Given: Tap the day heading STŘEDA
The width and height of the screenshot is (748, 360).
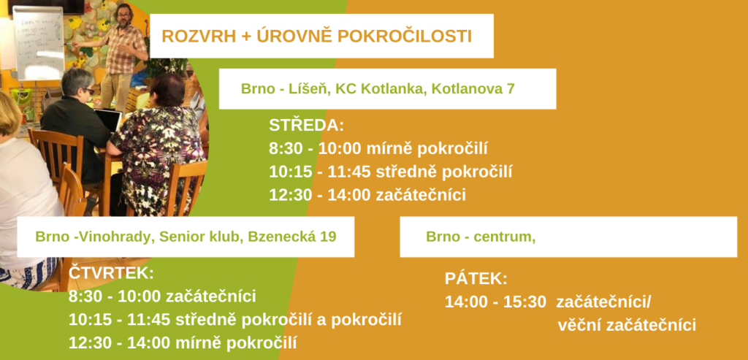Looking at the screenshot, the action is click(x=306, y=125).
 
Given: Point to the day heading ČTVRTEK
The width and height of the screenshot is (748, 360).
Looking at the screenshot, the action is click(x=112, y=273).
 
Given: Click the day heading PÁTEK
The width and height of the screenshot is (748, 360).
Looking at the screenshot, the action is click(x=476, y=278).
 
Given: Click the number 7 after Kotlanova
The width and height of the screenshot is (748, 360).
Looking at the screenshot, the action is click(x=511, y=88).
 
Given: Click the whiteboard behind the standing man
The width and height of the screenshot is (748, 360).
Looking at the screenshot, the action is click(x=38, y=43).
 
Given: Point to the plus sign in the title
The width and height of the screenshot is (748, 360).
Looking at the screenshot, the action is click(x=245, y=37).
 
